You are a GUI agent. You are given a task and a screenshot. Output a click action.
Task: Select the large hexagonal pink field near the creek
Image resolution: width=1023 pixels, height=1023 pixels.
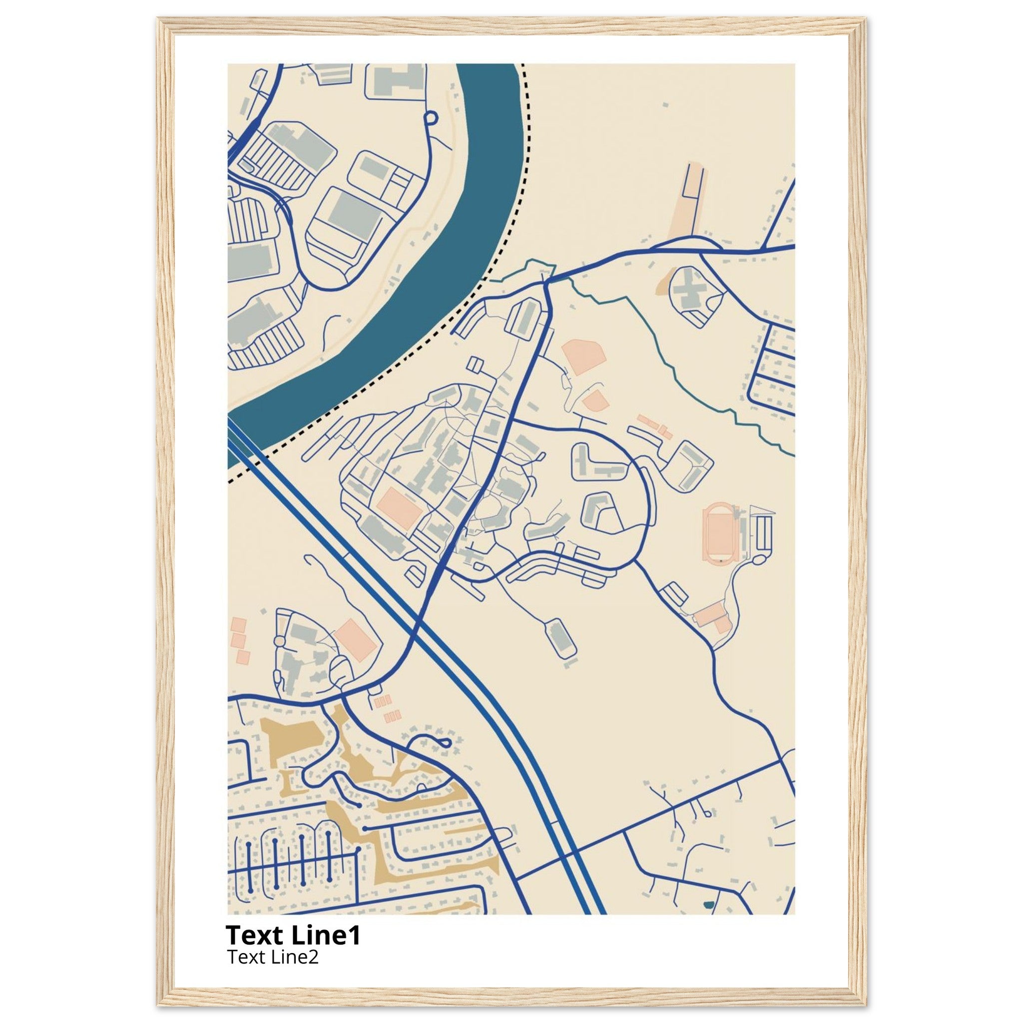point(583,358)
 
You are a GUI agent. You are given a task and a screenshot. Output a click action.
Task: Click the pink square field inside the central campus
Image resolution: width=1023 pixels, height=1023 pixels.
point(399,506)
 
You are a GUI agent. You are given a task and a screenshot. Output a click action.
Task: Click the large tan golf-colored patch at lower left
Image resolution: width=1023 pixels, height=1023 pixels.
point(294,739)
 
